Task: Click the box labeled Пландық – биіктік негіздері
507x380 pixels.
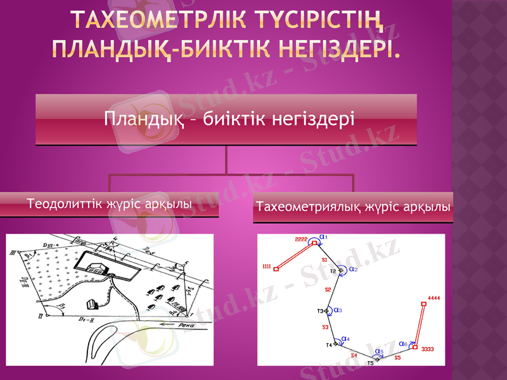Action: (226, 120)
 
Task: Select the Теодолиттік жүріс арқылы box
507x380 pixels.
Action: (109, 205)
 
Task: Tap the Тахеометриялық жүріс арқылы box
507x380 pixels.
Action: (354, 207)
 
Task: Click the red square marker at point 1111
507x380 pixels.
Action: (277, 269)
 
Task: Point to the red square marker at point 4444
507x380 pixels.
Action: (424, 303)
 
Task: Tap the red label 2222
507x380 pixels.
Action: (301, 239)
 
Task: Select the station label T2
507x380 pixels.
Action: (333, 271)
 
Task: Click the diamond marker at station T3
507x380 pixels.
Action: (327, 311)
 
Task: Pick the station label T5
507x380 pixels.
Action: (370, 363)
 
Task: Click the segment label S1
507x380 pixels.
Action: (324, 260)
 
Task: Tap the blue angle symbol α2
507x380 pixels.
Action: (354, 269)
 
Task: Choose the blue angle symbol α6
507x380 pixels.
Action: (403, 344)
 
